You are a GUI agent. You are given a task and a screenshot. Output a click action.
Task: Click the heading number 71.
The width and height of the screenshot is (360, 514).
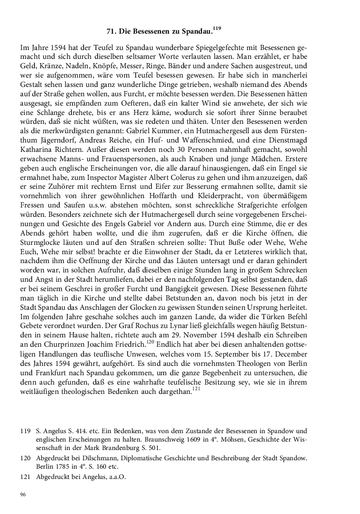click(111, 32)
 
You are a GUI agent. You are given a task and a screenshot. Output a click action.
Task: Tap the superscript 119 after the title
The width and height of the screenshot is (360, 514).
click(216, 29)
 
